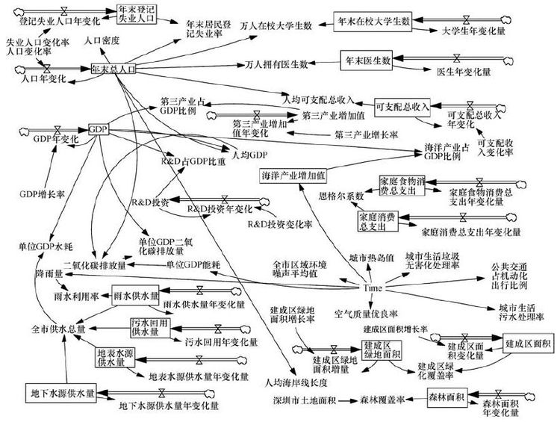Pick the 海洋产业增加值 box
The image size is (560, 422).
point(293,176)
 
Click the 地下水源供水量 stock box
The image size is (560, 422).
point(61,391)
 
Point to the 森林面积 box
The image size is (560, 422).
point(447,397)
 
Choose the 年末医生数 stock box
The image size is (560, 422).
point(367,60)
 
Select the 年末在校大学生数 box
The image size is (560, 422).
point(373,22)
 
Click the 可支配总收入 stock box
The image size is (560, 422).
point(403,105)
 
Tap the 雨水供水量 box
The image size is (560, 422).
point(136,295)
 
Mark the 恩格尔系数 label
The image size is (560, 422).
point(341,196)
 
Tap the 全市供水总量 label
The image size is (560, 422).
point(59,327)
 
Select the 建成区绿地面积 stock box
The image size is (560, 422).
point(382,350)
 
